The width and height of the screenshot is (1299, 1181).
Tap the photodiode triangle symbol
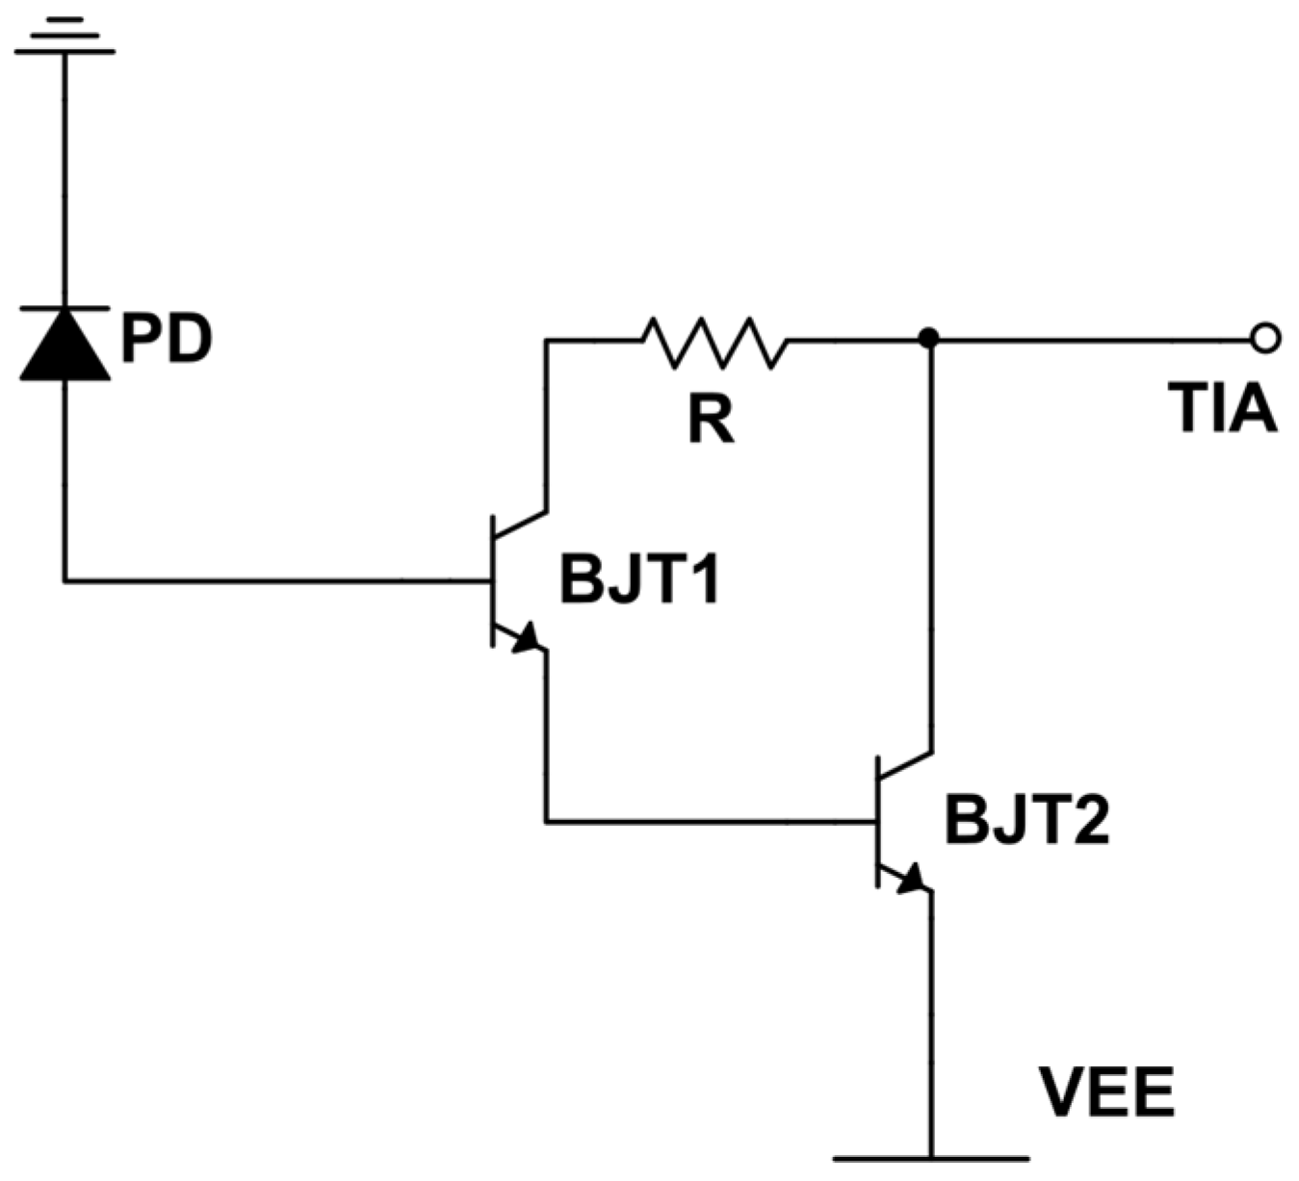[x=65, y=347]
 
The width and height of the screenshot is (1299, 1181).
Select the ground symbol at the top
[x=65, y=39]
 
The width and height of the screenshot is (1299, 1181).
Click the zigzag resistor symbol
[x=714, y=342]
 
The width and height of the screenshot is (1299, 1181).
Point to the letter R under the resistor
[x=711, y=420]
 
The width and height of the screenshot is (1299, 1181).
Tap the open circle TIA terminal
[x=1265, y=339]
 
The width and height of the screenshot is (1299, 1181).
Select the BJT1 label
[x=639, y=581]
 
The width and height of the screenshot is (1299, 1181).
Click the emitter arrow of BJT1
[x=526, y=638]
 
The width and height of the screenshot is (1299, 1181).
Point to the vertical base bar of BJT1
[x=492, y=580]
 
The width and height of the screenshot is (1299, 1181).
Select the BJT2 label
[x=1026, y=821]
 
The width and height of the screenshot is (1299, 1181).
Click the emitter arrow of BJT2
[x=910, y=879]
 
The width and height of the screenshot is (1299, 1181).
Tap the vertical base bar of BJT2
[x=877, y=821]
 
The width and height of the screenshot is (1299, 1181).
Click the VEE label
[x=1106, y=1092]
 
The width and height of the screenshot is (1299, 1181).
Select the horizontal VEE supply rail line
[x=930, y=1158]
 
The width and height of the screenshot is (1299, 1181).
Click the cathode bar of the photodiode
[x=65, y=308]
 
